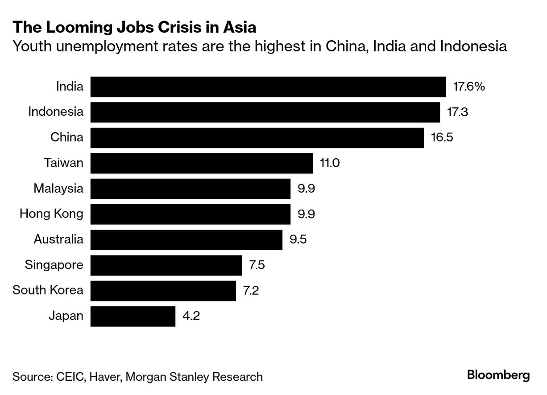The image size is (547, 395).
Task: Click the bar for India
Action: coord(268,87)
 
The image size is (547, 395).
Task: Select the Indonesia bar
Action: coord(265,112)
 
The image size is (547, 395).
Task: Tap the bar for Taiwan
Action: coord(201,163)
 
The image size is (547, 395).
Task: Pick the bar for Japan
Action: coord(133,316)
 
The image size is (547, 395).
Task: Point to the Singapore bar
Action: coord(166,265)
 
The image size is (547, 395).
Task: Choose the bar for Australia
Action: coord(186,240)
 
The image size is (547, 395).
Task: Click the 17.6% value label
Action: coord(469,87)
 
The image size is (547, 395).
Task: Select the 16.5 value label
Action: coord(442,138)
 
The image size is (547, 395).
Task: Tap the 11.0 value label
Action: coord(330,163)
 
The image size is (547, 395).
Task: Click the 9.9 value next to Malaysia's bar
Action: coord(307,189)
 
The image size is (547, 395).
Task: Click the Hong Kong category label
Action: coord(51,214)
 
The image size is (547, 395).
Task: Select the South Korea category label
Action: coord(48,290)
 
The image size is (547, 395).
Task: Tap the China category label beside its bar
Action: coord(66,137)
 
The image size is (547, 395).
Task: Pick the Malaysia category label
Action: coord(58,189)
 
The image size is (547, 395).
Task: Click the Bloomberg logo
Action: coord(498,375)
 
